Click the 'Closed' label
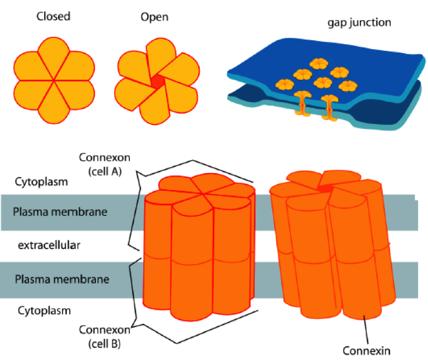(53, 17)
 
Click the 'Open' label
(154, 17)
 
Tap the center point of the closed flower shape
(54, 81)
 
